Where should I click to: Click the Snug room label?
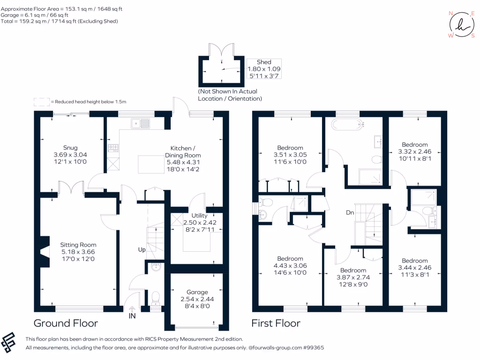click(70, 155)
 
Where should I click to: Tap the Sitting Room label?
click(78, 252)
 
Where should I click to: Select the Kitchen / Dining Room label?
click(183, 155)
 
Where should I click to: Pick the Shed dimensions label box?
click(264, 69)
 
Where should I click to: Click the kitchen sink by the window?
click(141, 124)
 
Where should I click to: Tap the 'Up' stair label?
click(141, 250)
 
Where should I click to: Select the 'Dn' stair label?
click(350, 212)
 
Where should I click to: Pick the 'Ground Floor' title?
click(66, 323)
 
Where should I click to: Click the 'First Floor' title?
click(276, 323)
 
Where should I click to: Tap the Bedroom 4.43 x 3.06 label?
click(290, 266)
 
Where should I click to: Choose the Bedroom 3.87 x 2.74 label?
click(352, 277)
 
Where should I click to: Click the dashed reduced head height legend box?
click(41, 101)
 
